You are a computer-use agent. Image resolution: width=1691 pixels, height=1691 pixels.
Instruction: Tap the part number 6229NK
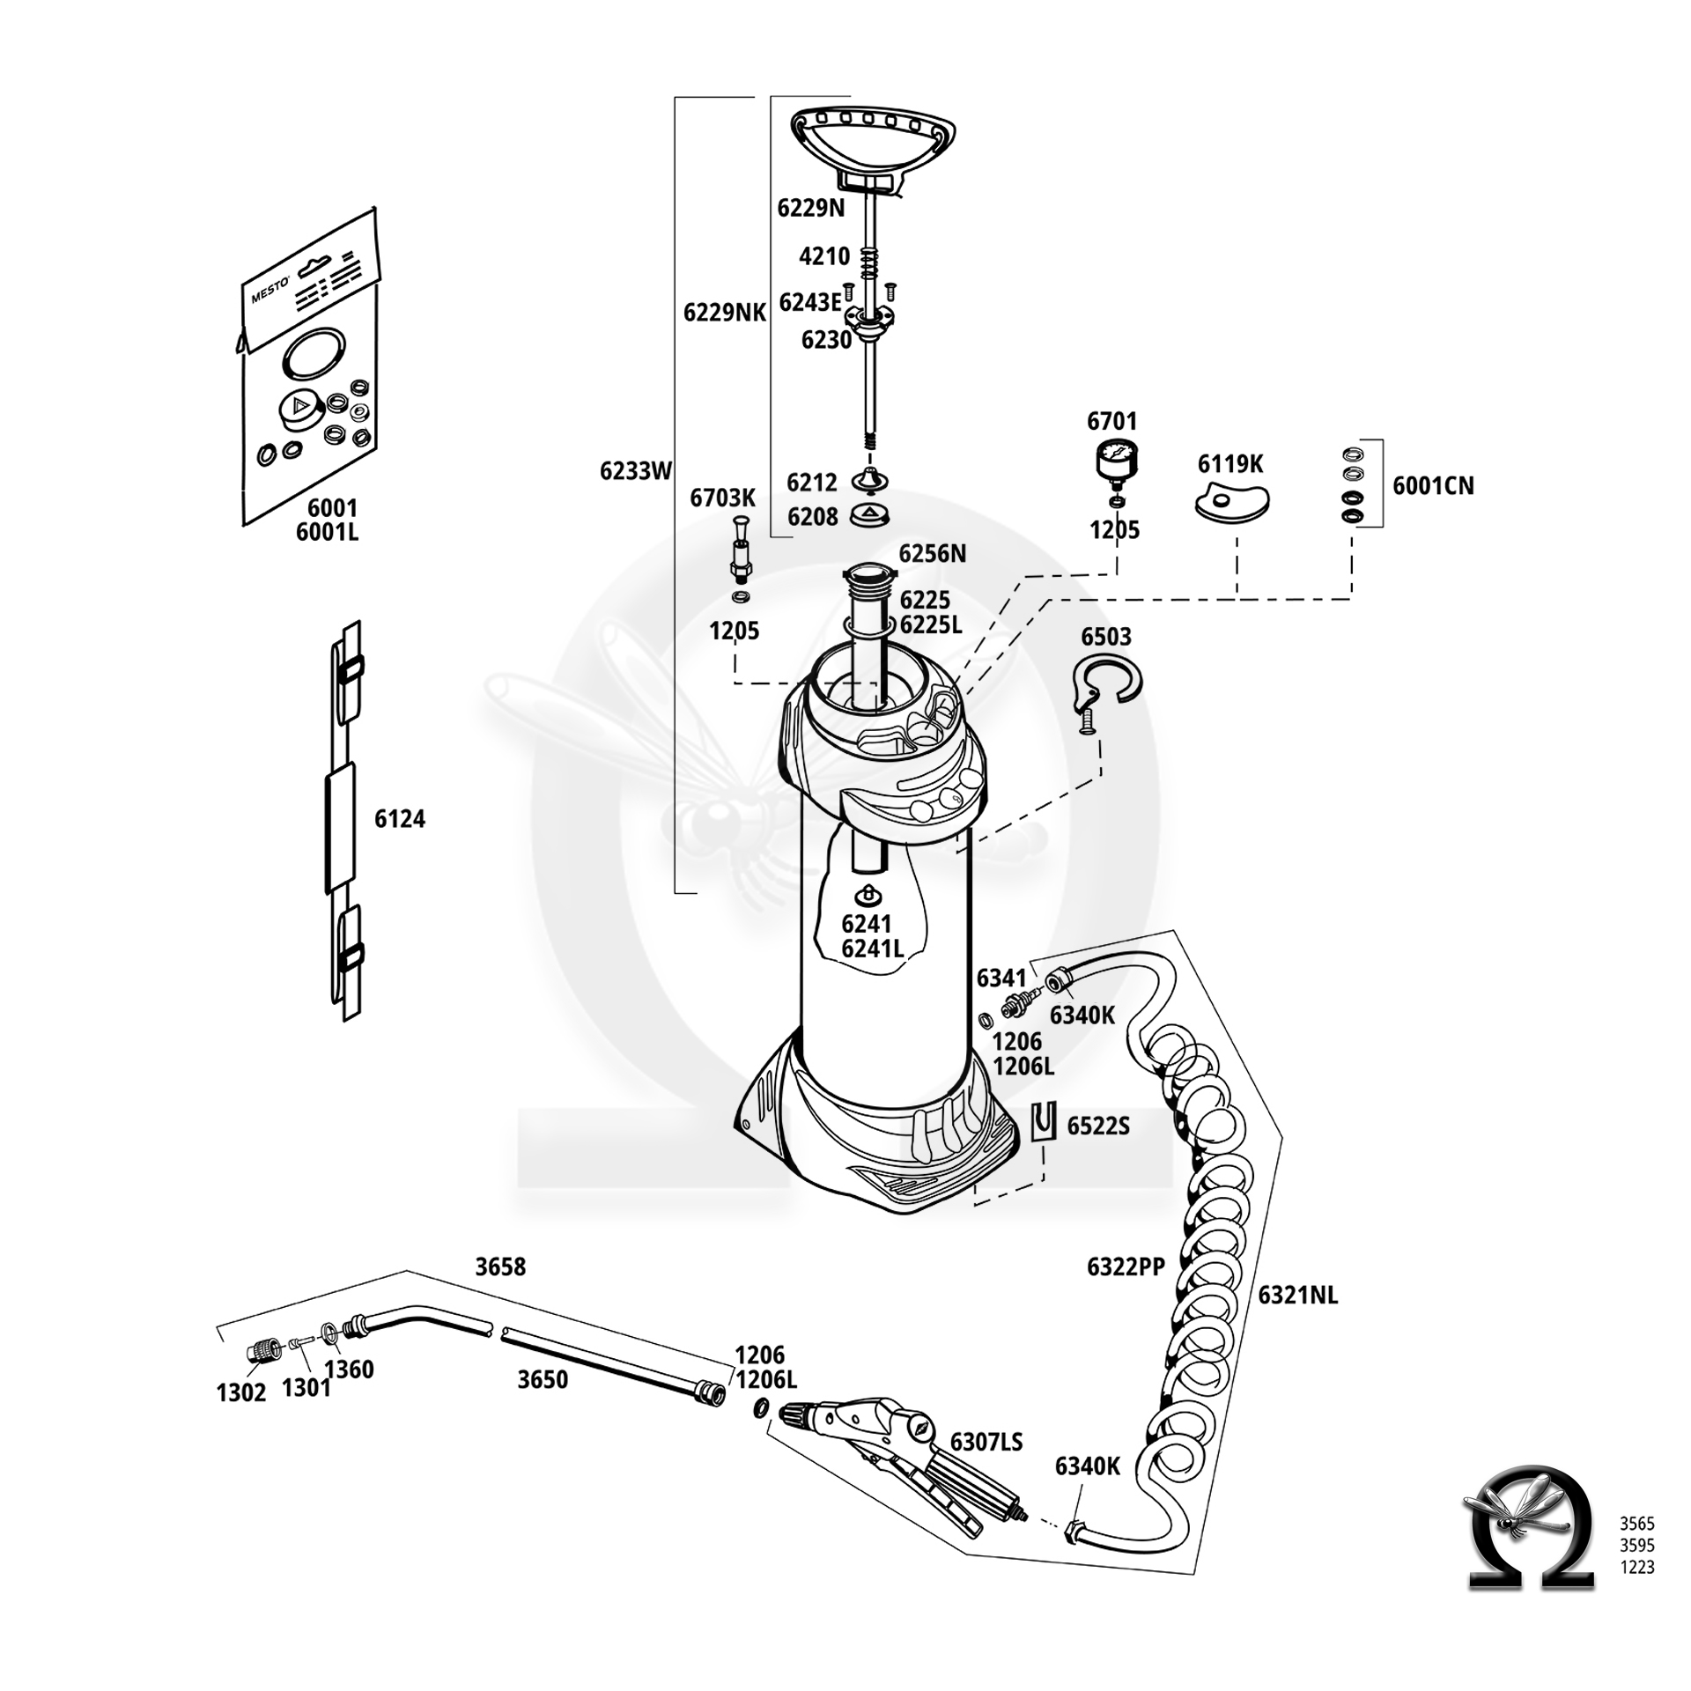tap(725, 312)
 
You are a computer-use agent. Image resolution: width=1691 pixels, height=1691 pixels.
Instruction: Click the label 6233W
tap(636, 471)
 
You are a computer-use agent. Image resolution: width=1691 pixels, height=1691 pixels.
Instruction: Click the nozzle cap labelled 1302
tap(260, 1350)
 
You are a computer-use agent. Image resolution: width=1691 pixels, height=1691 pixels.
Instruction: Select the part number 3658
tap(500, 1266)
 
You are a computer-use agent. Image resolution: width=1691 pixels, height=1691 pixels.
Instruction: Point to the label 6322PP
tap(1126, 1266)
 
